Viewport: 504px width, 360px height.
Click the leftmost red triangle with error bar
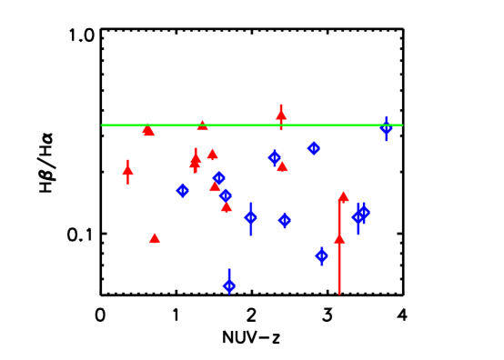point(127,170)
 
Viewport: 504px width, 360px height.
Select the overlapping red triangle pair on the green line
point(148,131)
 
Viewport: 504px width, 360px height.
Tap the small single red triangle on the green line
point(202,125)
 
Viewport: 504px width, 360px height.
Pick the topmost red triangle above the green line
point(281,115)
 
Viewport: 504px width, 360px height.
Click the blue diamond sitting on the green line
point(386,128)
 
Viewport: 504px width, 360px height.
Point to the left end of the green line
point(102,125)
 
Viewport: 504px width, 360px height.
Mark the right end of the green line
point(401,125)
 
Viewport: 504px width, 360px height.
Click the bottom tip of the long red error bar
point(339,293)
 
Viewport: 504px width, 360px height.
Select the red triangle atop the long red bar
point(343,196)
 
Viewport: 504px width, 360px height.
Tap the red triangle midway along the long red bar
point(339,239)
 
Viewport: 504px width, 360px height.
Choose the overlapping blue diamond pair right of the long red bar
point(360,215)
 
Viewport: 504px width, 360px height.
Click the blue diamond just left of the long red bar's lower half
point(321,255)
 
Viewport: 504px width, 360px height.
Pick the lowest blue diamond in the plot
point(229,285)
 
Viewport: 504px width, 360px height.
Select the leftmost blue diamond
point(183,190)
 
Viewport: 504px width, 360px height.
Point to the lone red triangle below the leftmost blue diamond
point(155,238)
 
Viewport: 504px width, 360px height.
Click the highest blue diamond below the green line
point(314,148)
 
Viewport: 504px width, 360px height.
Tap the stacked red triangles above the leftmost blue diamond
point(195,161)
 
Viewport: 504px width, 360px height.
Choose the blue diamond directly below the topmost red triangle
point(274,157)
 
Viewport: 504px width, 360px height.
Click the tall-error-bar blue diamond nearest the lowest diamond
point(251,217)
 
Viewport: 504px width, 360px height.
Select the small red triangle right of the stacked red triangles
point(212,155)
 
